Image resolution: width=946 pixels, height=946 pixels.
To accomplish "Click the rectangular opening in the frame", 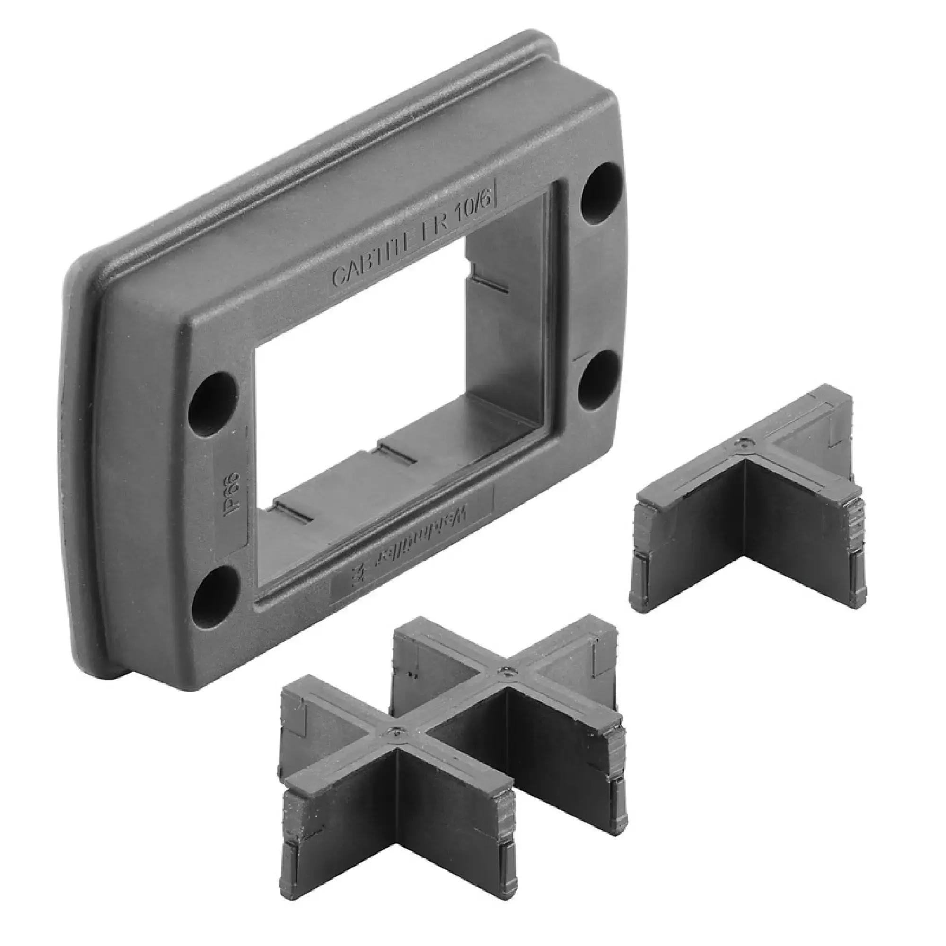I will (343, 392).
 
